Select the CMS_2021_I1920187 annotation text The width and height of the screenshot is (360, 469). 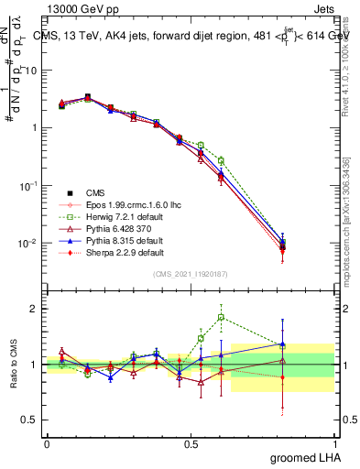pos(191,275)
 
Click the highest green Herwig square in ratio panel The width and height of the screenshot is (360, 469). pos(221,318)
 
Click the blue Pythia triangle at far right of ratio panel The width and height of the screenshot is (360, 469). pos(308,344)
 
